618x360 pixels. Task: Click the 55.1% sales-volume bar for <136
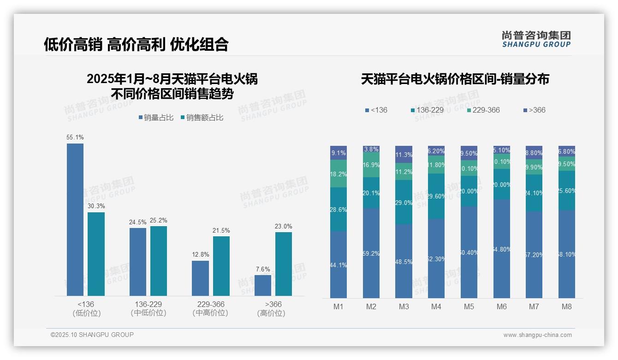click(75, 219)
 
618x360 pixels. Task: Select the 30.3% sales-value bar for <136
click(96, 254)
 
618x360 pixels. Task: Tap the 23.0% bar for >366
click(284, 264)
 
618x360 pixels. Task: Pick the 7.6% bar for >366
click(263, 285)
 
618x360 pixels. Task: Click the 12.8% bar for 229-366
click(200, 278)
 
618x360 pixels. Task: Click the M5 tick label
click(469, 306)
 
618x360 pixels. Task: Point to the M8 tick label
click(567, 306)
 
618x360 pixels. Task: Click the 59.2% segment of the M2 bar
click(371, 253)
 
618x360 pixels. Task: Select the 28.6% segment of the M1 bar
click(339, 209)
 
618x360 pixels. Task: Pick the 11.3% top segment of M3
click(404, 154)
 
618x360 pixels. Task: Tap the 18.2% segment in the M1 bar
click(339, 174)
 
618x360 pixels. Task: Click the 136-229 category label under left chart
click(148, 308)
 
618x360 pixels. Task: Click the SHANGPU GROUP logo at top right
click(536, 39)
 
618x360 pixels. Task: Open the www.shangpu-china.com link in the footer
click(537, 335)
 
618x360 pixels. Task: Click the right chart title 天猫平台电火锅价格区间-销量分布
click(455, 79)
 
